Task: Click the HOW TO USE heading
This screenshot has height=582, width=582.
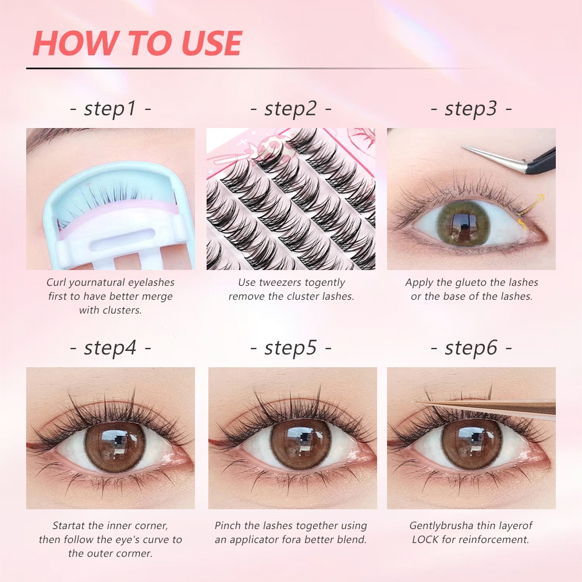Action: tap(137, 43)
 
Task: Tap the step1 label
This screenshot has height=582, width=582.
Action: tap(110, 109)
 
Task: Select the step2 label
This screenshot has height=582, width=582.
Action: tap(290, 109)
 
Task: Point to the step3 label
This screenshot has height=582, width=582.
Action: tap(471, 109)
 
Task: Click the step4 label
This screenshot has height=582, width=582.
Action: tap(110, 348)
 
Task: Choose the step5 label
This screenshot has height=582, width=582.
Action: tap(290, 348)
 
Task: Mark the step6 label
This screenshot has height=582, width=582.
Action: tap(471, 348)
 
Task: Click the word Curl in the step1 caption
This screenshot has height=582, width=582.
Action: tap(56, 282)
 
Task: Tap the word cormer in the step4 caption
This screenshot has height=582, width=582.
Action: tap(135, 553)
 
